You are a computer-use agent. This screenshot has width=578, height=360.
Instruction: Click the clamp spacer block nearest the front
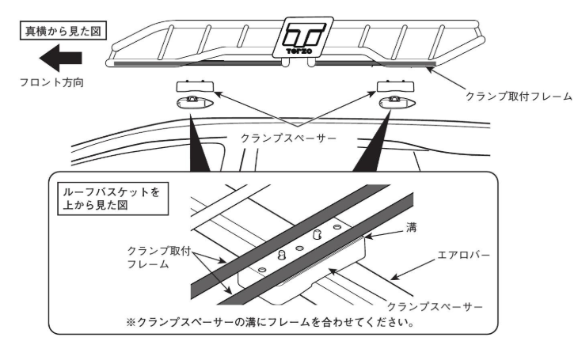pos(195,85)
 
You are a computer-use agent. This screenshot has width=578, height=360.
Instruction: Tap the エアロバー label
pos(465,256)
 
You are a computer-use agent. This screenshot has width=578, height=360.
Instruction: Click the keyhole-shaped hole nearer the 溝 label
pos(318,235)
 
